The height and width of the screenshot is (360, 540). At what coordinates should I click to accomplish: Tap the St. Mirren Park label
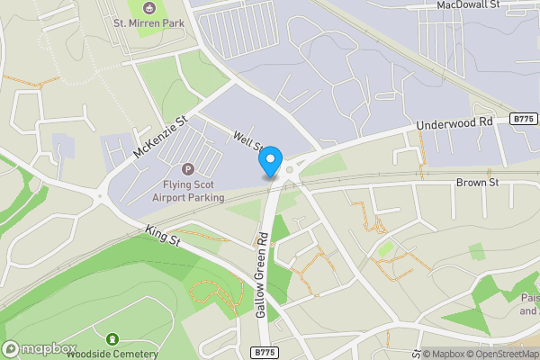tap(148, 23)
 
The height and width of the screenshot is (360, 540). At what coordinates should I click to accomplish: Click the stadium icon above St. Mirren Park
tap(148, 7)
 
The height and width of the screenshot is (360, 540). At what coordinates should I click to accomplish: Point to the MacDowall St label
tap(467, 5)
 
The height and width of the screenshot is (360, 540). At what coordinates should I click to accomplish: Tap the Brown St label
tap(477, 183)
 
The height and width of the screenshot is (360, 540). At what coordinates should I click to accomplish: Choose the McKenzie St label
tap(159, 136)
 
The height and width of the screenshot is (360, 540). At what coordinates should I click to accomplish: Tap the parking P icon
tap(188, 169)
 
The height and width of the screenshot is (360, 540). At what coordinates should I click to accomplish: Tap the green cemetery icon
tap(112, 339)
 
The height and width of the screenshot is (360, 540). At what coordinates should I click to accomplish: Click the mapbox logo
tap(40, 348)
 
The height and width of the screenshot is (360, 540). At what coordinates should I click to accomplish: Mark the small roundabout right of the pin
tap(291, 167)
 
